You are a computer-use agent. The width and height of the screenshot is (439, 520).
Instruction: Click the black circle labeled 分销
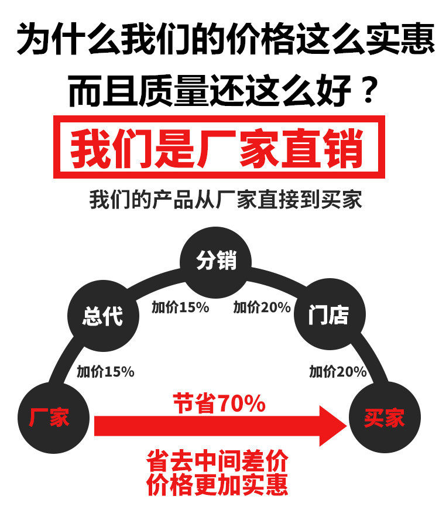coord(217,261)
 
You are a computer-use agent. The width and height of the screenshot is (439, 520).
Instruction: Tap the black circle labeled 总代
coord(103,316)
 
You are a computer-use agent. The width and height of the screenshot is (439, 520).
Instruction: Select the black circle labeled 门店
coord(328,316)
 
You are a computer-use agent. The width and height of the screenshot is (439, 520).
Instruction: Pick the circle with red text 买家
coord(385,418)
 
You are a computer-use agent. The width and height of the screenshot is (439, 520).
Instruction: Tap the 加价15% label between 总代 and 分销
coord(180,307)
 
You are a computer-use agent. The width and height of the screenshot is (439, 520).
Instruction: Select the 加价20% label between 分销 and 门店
coord(262,307)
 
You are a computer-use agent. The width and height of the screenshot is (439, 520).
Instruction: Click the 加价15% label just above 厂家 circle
coord(105,371)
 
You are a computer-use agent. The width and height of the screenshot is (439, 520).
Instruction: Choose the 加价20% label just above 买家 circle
coord(338,371)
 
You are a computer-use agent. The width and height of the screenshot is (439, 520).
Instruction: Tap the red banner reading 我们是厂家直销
coord(219,147)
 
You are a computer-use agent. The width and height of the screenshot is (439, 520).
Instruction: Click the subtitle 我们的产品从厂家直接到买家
coord(225,200)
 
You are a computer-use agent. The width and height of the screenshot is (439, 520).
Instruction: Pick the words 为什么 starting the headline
coord(67,41)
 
